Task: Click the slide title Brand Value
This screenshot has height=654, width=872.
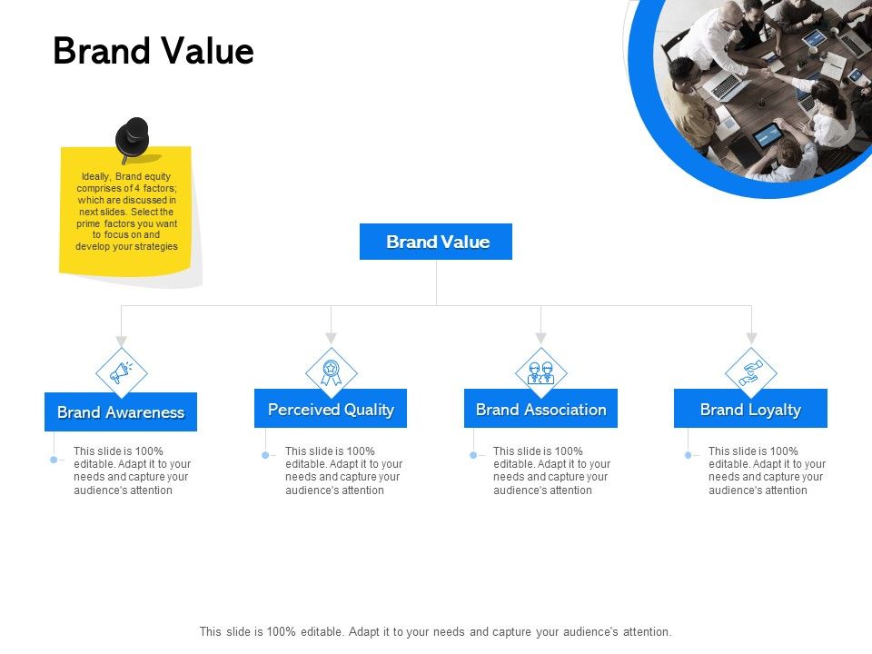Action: coord(154,52)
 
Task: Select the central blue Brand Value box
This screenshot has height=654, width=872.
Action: coord(436,242)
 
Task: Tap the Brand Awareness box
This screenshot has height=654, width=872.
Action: coord(121,412)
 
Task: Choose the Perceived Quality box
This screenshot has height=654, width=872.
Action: coord(331,409)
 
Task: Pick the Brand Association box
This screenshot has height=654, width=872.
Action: coord(540,409)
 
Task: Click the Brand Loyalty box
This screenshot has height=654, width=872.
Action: coord(750,409)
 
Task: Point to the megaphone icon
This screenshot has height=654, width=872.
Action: coord(121,372)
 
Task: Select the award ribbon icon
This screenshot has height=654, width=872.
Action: coord(332,372)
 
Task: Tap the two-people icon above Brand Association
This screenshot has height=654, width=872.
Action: coord(540,372)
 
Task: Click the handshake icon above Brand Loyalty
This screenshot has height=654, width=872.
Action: coord(751,372)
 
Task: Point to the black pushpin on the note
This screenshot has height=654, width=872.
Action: coord(133,139)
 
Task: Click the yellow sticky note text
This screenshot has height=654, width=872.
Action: coord(126,211)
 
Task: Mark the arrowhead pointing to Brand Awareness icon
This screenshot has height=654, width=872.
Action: coord(121,341)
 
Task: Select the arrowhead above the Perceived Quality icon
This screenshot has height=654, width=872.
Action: coord(332,338)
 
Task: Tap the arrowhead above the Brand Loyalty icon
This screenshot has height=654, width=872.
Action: coord(751,338)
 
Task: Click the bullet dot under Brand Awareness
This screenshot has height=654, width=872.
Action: coord(54,460)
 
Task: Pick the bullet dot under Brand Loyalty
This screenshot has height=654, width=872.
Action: coord(689,455)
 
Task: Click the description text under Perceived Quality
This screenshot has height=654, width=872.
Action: coord(343,471)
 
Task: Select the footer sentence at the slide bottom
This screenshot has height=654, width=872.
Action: coord(436,631)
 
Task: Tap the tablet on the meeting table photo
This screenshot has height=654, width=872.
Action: coord(768,136)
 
